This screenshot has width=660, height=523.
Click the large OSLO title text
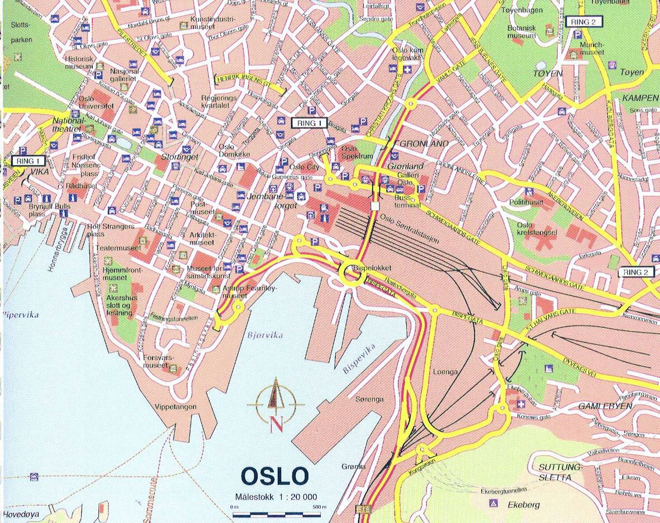[x=274, y=476]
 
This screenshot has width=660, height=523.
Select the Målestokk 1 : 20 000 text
[x=276, y=497]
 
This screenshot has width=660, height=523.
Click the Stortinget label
[x=177, y=158]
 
